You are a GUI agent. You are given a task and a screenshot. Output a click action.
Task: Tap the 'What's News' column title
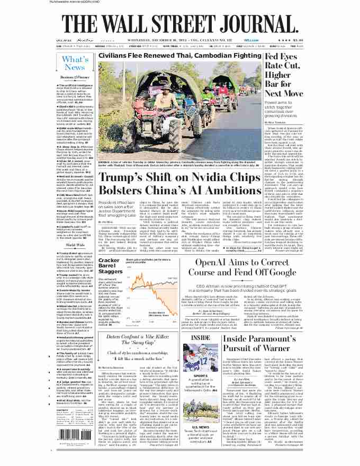click(75, 63)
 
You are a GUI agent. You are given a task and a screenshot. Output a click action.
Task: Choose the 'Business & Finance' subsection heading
click(75, 77)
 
